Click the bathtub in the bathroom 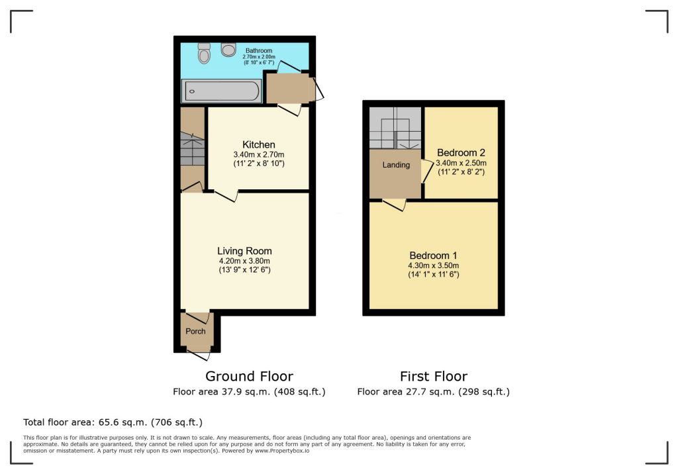[x=221, y=91]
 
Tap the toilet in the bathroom [x=204, y=54]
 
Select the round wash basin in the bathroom [x=229, y=49]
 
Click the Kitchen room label [x=258, y=145]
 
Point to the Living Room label [x=244, y=251]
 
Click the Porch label [x=195, y=331]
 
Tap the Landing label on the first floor [x=396, y=165]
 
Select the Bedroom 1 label [x=433, y=256]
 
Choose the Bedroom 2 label [x=461, y=153]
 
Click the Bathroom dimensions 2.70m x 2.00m [x=258, y=58]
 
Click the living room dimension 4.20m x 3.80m [x=244, y=261]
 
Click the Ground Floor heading [x=249, y=377]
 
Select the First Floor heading [x=433, y=377]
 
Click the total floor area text [x=113, y=422]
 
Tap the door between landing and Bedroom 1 [x=393, y=205]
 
